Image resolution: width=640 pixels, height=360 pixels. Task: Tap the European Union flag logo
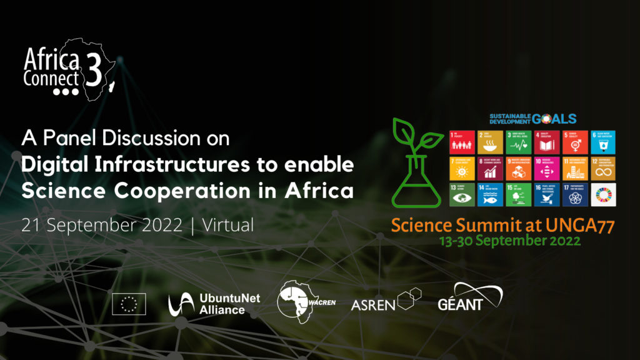tap(129, 304)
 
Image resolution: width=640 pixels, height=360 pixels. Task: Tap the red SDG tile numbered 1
tap(461, 142)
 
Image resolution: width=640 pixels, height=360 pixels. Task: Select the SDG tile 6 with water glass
tap(603, 142)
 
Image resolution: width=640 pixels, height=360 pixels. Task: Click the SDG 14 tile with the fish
tap(490, 194)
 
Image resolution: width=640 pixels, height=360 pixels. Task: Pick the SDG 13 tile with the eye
tap(461, 194)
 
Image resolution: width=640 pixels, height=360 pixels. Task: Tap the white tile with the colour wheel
tap(603, 194)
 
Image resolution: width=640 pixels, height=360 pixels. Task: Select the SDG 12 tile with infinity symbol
tap(603, 169)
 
